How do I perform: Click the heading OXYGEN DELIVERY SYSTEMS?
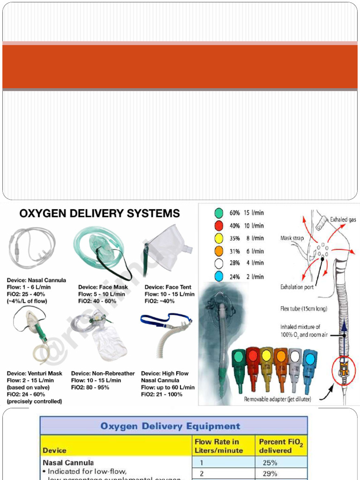(x=99, y=214)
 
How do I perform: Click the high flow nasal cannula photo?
(x=166, y=330)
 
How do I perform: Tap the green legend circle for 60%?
(x=218, y=213)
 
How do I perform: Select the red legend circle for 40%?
(x=218, y=225)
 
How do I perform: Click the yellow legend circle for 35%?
(x=218, y=238)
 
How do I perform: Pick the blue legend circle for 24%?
(x=218, y=276)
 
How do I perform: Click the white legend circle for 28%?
(x=218, y=263)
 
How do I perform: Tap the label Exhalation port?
(x=297, y=287)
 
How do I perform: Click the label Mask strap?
(x=292, y=238)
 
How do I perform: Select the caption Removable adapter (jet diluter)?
(x=280, y=399)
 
